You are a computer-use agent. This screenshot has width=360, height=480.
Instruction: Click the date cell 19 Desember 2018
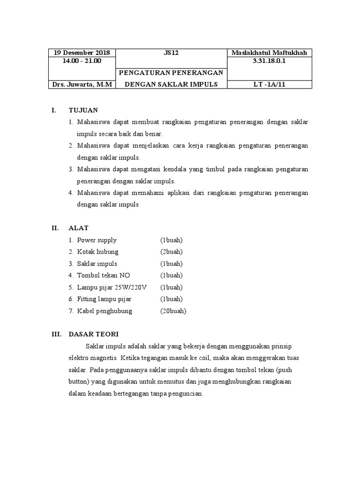tap(82, 53)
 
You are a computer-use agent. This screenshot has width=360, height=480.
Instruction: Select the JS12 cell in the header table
tap(171, 53)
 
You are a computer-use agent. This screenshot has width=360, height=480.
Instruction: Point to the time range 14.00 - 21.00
tap(82, 60)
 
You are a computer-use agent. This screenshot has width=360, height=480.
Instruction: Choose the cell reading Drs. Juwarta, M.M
tap(82, 84)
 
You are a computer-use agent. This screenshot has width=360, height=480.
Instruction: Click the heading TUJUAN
tap(83, 110)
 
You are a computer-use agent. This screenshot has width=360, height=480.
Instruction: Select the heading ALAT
tap(79, 228)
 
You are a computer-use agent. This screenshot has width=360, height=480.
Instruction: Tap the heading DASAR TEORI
tap(94, 334)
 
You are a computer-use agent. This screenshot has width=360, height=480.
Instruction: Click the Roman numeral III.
tap(56, 334)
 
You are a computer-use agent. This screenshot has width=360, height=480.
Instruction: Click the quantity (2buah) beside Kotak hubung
tap(171, 252)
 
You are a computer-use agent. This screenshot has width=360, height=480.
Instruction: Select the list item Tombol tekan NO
tap(104, 275)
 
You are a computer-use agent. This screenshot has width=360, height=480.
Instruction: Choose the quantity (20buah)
tap(173, 311)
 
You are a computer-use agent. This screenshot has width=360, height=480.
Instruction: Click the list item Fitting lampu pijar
tap(105, 299)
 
